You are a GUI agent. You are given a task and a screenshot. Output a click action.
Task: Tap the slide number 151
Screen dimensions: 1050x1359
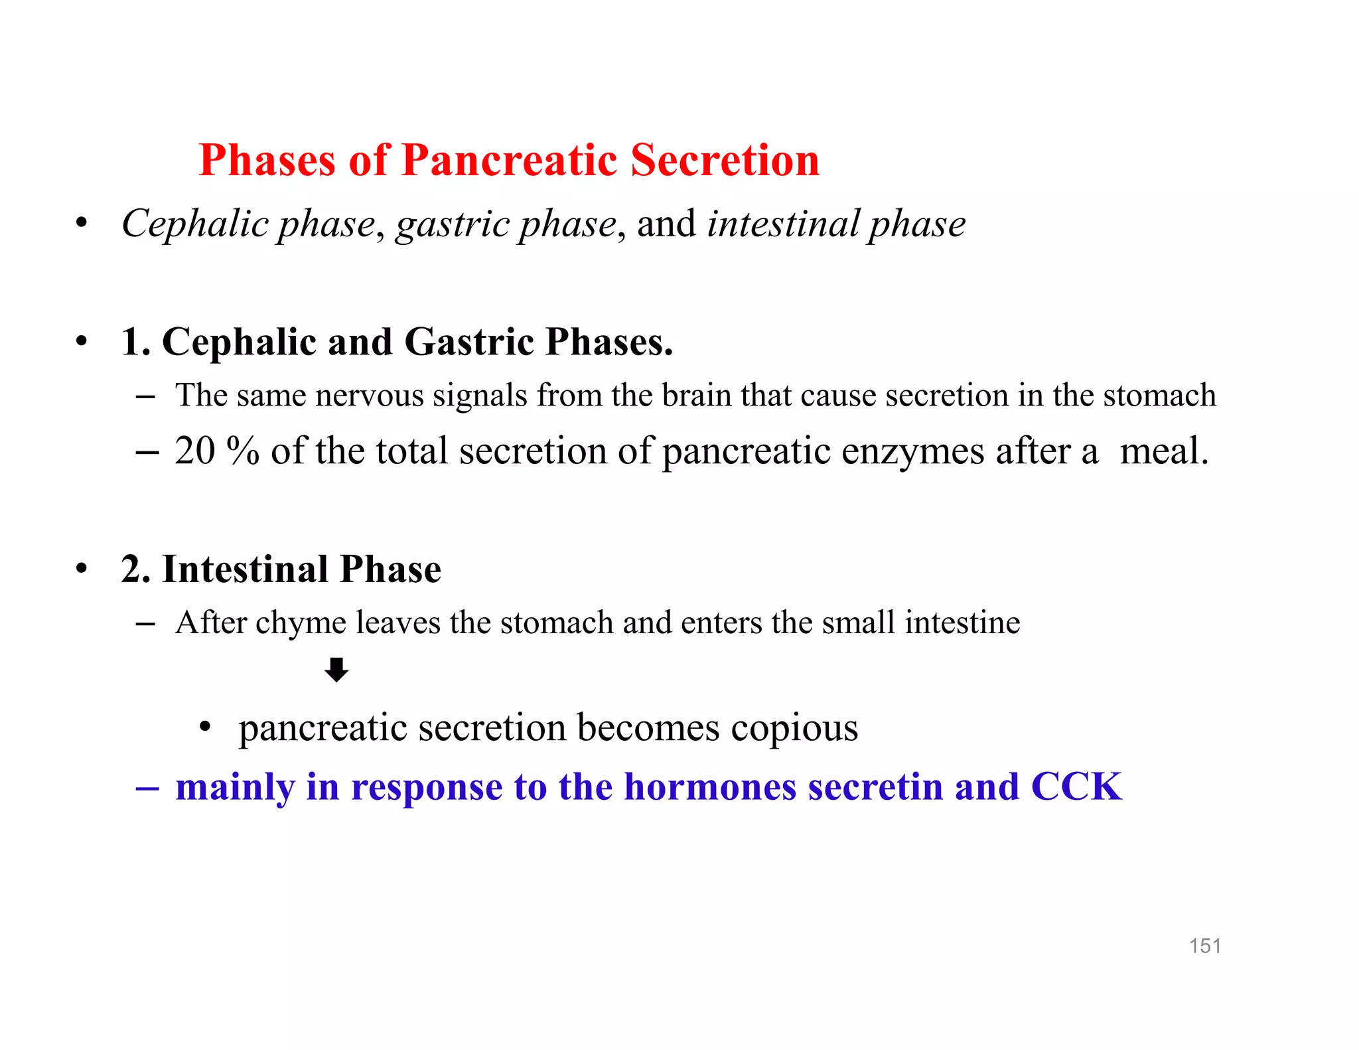(x=1204, y=946)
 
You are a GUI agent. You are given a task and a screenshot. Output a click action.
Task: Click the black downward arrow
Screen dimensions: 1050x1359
(x=336, y=670)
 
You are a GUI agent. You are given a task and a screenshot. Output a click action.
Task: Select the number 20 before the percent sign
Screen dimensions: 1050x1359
(x=194, y=451)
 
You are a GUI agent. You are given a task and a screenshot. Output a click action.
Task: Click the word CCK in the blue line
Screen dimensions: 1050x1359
(x=1076, y=787)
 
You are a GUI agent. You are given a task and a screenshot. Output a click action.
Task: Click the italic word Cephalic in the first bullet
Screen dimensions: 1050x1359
(x=194, y=224)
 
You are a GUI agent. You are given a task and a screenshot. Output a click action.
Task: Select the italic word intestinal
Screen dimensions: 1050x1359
(x=783, y=224)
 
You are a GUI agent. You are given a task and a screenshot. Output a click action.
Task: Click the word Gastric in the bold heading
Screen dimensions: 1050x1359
(x=468, y=342)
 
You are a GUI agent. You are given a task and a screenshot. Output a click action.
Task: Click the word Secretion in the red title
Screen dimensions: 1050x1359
(x=725, y=161)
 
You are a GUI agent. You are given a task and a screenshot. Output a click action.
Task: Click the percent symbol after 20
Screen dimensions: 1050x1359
(x=242, y=451)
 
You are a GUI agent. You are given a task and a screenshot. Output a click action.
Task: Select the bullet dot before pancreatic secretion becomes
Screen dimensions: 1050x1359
(x=205, y=728)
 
